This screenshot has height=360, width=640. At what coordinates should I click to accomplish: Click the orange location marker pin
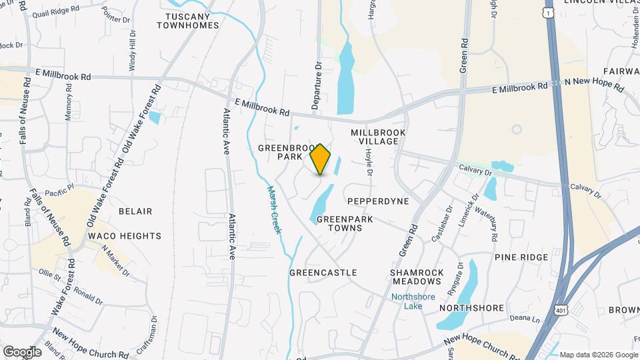point(321,159)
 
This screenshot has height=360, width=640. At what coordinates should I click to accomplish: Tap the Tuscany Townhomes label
point(188,21)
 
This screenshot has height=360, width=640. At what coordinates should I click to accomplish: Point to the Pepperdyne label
point(378,201)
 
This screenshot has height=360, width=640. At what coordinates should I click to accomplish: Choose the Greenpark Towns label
point(339,223)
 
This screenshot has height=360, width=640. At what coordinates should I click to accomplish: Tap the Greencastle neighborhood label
point(323,273)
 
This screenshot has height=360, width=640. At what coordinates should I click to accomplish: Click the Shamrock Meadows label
point(417,278)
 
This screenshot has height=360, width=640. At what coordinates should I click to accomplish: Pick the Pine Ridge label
point(521,257)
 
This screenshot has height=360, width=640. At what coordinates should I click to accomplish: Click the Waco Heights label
point(124,236)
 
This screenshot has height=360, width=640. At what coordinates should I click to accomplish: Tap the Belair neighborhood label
point(135,211)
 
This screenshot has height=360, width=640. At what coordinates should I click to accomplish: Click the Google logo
point(22,351)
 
